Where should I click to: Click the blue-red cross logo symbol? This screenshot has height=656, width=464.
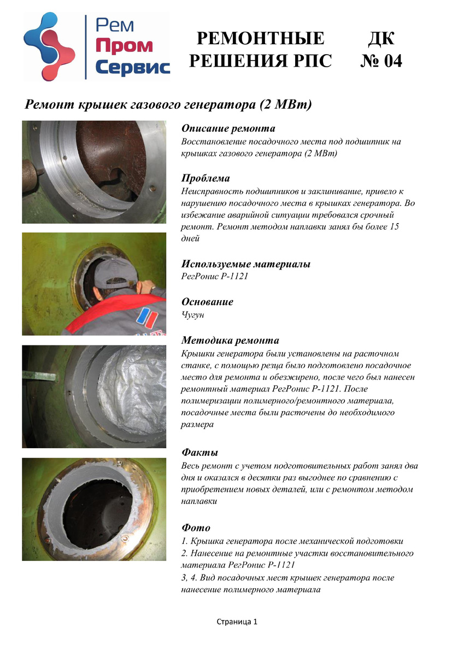tap(49, 46)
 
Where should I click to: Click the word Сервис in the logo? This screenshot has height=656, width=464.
tap(133, 67)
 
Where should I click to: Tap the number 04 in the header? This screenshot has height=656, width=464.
tap(393, 61)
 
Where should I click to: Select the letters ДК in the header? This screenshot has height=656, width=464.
tap(381, 38)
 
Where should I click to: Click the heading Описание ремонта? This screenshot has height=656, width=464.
tap(228, 128)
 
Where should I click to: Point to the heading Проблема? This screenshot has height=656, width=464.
tap(205, 178)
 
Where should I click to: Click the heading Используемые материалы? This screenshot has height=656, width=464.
tap(246, 264)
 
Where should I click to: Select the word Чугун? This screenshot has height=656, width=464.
tap(192, 314)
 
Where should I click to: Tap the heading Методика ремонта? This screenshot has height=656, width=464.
tap(230, 340)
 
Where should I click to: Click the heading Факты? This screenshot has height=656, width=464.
tap(200, 452)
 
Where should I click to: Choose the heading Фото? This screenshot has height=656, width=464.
tap(196, 528)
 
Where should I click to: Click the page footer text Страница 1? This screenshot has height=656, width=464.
tap(237, 622)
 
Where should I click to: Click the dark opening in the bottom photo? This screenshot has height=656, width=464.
tap(97, 517)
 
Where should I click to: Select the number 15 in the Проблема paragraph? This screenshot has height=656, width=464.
tap(395, 227)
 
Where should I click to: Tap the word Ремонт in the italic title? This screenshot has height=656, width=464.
tap(50, 104)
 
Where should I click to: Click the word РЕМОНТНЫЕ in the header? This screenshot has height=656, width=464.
tap(261, 38)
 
